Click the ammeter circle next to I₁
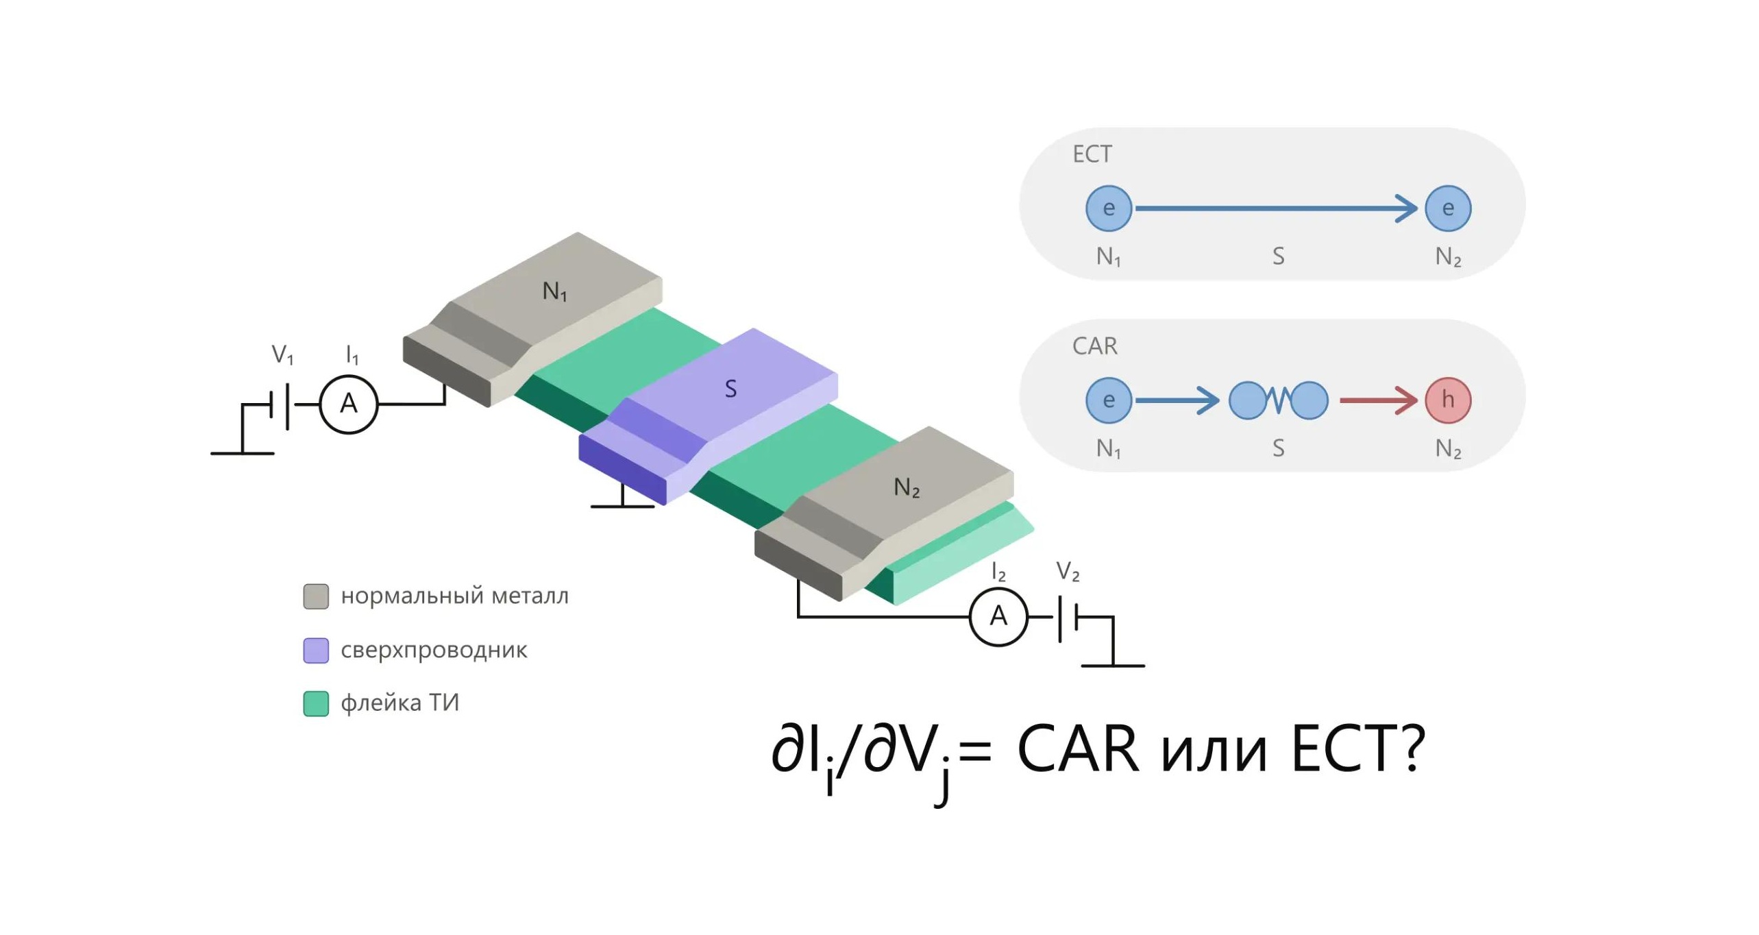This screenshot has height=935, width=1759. pos(349,404)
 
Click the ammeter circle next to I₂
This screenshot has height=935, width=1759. pos(998,617)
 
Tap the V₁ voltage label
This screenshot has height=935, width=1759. pos(282,354)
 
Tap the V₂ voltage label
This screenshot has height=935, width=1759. pos(1068,571)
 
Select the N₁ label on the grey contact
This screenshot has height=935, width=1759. pos(554,291)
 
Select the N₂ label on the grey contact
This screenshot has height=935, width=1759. pos(907,487)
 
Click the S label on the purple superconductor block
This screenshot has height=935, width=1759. pos(730,389)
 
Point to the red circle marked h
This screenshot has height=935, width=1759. pos(1447,400)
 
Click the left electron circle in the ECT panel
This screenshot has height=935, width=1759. pos(1109,208)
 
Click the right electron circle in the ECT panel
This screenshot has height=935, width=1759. pos(1447,208)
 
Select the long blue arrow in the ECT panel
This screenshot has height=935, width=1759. pos(1276,208)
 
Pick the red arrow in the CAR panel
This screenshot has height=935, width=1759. pos(1378,400)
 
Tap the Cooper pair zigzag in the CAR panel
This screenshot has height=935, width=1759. pos(1278,400)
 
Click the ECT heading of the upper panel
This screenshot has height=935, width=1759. pos(1092,154)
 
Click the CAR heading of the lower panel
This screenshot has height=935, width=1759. pos(1094,346)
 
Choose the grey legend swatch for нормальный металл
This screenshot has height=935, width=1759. pos(316,596)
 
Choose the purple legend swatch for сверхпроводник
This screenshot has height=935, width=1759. pos(316,651)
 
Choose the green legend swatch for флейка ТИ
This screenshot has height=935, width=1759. pos(316,703)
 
